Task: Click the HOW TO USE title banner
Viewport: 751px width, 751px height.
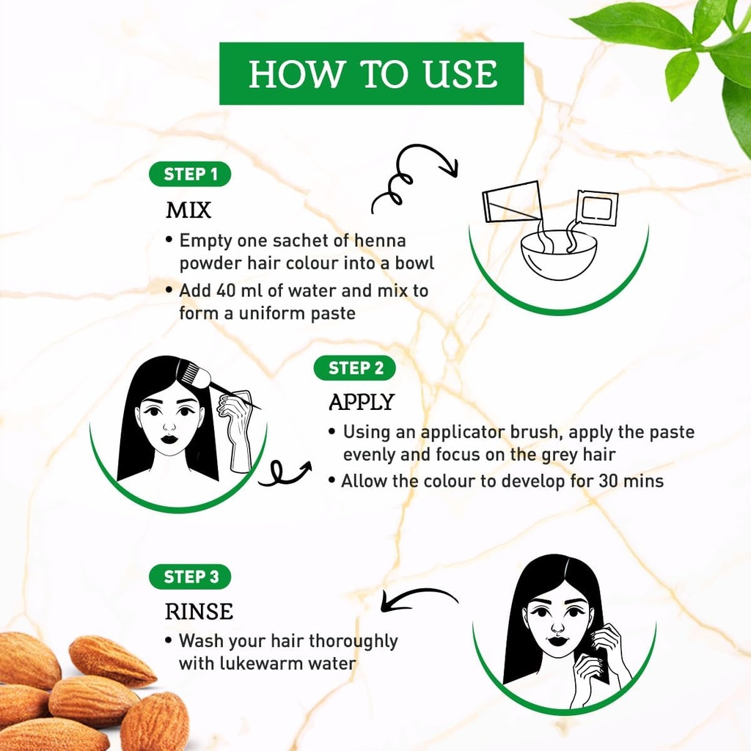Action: point(371,73)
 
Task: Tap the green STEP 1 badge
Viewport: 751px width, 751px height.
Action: point(190,174)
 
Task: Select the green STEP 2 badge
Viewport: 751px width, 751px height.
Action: point(354,367)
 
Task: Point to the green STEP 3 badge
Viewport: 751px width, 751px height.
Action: point(190,576)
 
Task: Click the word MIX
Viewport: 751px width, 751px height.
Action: point(188,210)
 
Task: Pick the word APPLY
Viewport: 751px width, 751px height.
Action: point(362,402)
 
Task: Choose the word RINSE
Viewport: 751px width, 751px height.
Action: point(199,611)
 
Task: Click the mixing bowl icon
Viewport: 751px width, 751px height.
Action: point(558,254)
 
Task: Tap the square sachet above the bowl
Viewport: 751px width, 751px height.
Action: point(596,208)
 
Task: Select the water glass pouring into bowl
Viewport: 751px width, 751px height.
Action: point(512,202)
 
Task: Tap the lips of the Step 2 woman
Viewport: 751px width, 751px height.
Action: point(169,439)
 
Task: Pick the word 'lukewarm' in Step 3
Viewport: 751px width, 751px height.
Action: point(249,664)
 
